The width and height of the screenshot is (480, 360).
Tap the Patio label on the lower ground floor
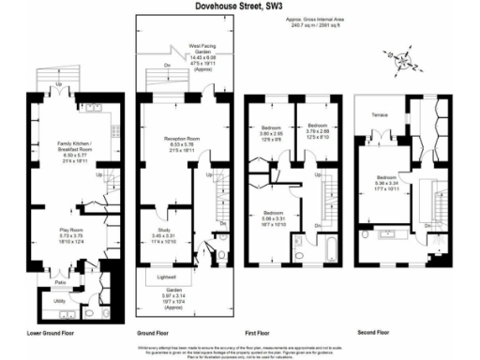pos(59,280)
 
